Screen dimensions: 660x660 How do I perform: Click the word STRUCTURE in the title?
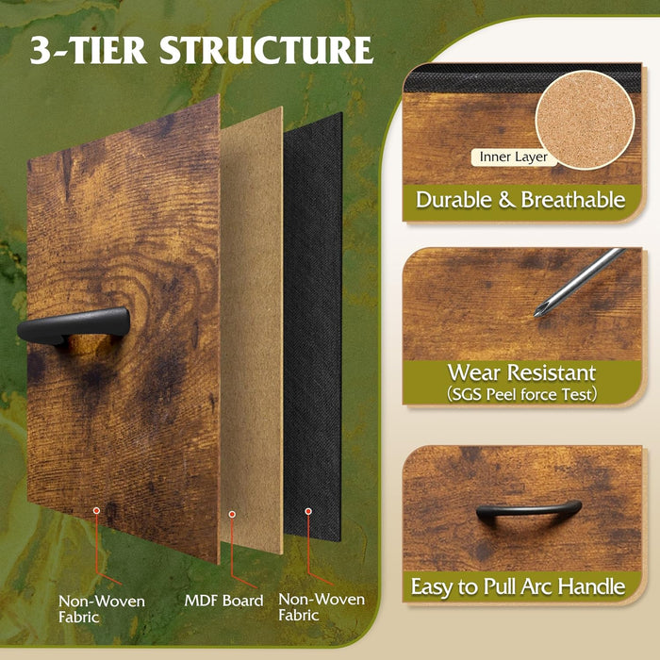click(267, 50)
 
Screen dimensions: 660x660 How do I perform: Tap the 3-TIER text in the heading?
click(89, 50)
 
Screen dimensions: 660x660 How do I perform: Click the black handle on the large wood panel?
click(74, 325)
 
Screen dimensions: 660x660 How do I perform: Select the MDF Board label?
click(224, 601)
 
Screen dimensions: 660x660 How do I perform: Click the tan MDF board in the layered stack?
click(252, 330)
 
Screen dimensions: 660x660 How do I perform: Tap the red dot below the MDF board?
click(232, 515)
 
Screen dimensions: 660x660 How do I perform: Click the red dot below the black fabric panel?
click(308, 511)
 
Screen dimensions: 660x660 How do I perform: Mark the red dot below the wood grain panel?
click(96, 511)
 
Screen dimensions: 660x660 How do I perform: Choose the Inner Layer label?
click(514, 157)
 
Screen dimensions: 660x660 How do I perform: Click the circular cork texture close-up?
click(586, 120)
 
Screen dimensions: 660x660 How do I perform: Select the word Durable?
click(454, 200)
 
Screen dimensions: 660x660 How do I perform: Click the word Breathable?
click(573, 200)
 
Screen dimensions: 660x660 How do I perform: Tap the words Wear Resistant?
click(522, 372)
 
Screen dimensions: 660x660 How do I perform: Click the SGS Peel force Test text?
click(522, 394)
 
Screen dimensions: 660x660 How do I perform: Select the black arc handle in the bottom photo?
click(529, 511)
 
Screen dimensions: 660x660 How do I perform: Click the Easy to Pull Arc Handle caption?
click(519, 586)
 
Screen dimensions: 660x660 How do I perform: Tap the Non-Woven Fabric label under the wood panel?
click(102, 609)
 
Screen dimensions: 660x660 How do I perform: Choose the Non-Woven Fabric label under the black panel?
click(322, 607)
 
